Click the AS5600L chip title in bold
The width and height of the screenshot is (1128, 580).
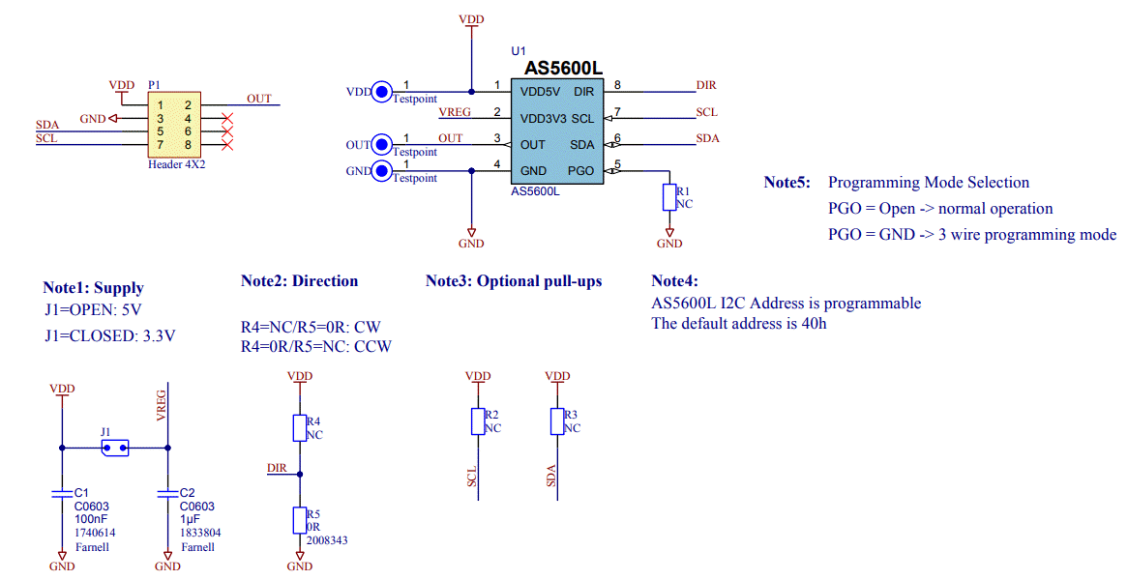[x=563, y=69]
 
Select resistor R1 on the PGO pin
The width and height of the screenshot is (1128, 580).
[x=668, y=197]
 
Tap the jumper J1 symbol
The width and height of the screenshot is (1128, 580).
[x=115, y=448]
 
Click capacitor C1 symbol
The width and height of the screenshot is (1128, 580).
[x=63, y=494]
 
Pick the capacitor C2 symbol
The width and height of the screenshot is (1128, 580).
[x=168, y=494]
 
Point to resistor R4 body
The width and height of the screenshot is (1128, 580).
[x=300, y=428]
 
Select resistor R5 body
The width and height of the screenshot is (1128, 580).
[x=300, y=520]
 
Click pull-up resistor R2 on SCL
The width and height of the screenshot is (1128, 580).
[x=478, y=421]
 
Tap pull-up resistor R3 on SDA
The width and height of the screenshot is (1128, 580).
[x=557, y=421]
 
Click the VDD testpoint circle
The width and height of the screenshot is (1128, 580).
[x=382, y=93]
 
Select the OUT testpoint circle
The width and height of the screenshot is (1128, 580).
[x=382, y=146]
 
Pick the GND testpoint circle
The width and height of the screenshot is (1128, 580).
[x=382, y=172]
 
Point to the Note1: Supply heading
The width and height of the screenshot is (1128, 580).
[x=93, y=287]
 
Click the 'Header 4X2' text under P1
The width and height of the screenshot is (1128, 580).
[x=176, y=165]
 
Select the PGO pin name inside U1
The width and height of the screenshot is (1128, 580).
[x=581, y=171]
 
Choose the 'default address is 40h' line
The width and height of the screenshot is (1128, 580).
[x=739, y=324]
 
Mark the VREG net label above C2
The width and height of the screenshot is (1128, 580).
[x=162, y=406]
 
